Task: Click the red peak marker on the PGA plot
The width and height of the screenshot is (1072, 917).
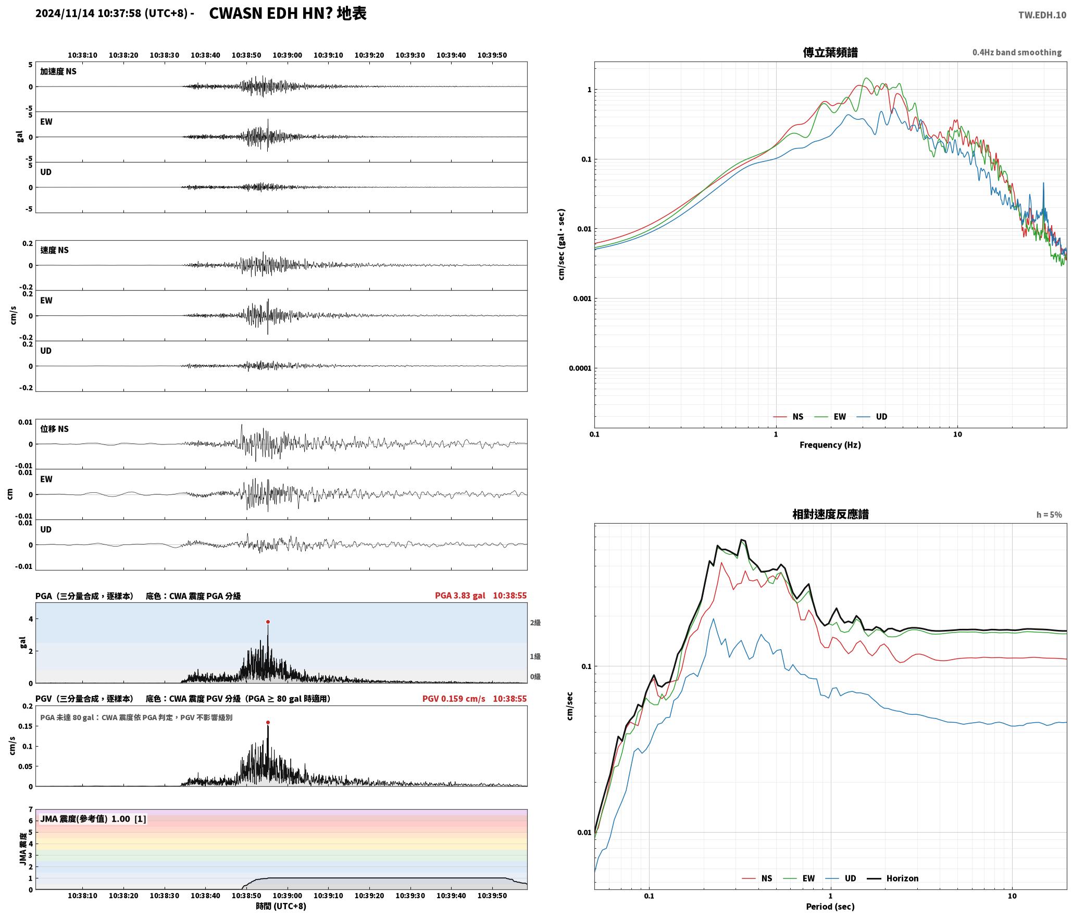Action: (x=268, y=622)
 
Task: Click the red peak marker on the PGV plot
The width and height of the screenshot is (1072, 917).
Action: (x=268, y=722)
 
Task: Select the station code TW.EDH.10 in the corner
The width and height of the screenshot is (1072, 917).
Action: (x=1042, y=15)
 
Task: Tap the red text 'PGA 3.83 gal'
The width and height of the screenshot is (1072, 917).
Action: (x=460, y=596)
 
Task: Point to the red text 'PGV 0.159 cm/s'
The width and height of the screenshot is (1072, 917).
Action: (x=454, y=699)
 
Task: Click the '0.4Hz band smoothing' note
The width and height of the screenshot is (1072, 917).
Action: (x=1017, y=53)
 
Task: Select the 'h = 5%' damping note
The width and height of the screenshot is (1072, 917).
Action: (x=1049, y=515)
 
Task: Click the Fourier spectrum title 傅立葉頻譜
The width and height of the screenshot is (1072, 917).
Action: (x=830, y=53)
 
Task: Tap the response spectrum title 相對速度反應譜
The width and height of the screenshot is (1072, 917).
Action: (x=830, y=514)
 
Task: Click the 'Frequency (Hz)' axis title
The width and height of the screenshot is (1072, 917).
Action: (x=830, y=445)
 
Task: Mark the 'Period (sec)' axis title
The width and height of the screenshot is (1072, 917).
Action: (x=830, y=907)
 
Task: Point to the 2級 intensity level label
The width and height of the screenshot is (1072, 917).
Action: (x=535, y=623)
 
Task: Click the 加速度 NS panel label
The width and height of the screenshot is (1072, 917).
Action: (x=58, y=71)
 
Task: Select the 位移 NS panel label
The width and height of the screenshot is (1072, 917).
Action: (x=55, y=429)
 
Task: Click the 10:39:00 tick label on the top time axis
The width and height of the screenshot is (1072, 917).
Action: (x=288, y=55)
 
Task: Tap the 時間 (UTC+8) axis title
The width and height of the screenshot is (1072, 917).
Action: (x=281, y=906)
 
